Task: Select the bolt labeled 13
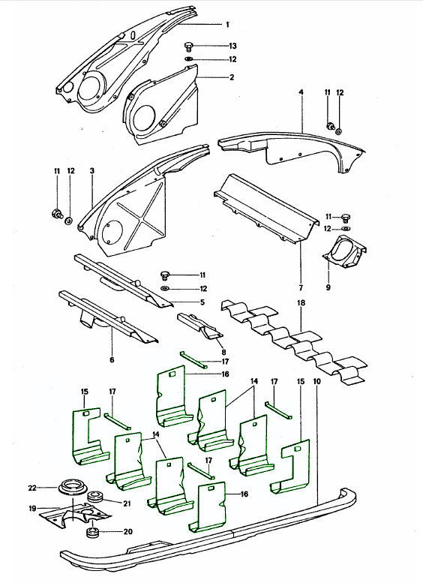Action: [x=190, y=46]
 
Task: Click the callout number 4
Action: [x=300, y=92]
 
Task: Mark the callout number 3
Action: [x=91, y=171]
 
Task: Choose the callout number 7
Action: [x=299, y=289]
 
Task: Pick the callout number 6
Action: [x=111, y=359]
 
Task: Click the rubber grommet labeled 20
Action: [x=94, y=533]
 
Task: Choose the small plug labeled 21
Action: [x=95, y=497]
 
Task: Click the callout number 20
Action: [x=127, y=532]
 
